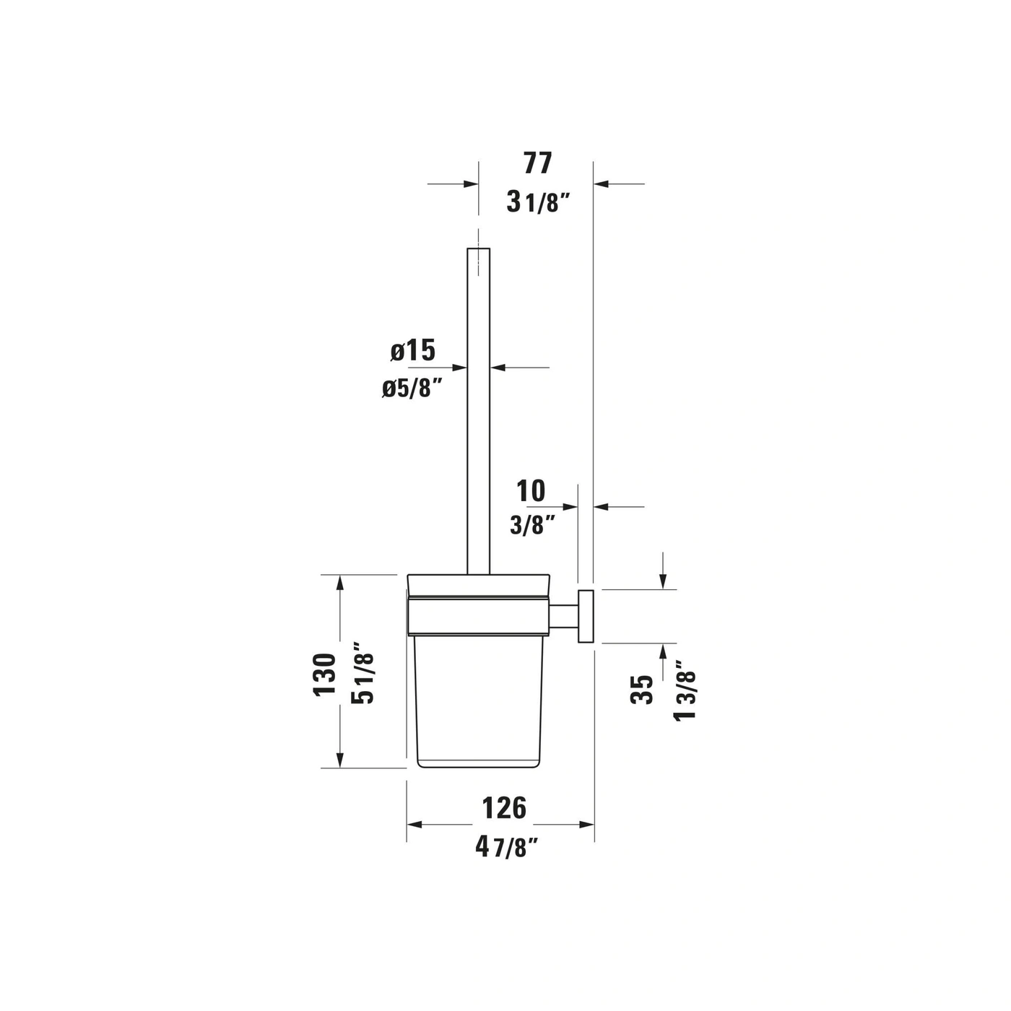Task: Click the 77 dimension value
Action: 538,163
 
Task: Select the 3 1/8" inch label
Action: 538,202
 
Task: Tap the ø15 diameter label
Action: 413,350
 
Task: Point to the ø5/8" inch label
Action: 412,389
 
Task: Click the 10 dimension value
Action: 531,491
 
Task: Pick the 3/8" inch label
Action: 532,525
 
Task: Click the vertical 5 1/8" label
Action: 362,673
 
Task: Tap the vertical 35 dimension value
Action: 642,690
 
